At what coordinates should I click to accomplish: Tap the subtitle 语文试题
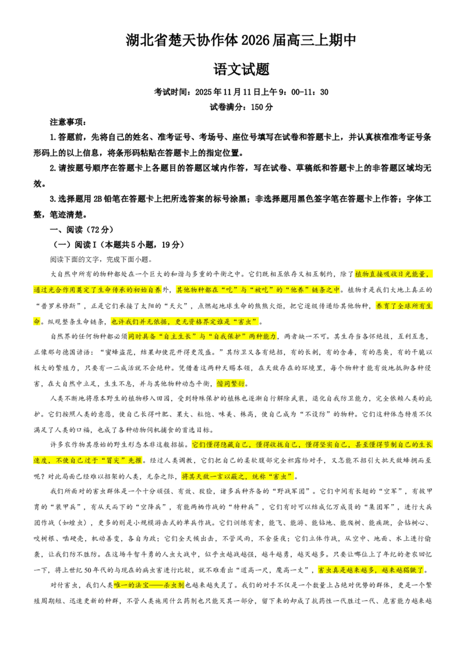241,69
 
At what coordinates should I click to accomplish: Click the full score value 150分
262,107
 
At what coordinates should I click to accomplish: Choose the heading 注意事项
66,122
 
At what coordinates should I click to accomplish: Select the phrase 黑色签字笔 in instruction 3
317,199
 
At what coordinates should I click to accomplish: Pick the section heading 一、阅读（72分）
82,230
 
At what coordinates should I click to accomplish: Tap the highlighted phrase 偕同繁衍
231,384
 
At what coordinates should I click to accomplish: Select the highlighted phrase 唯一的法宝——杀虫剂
149,585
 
